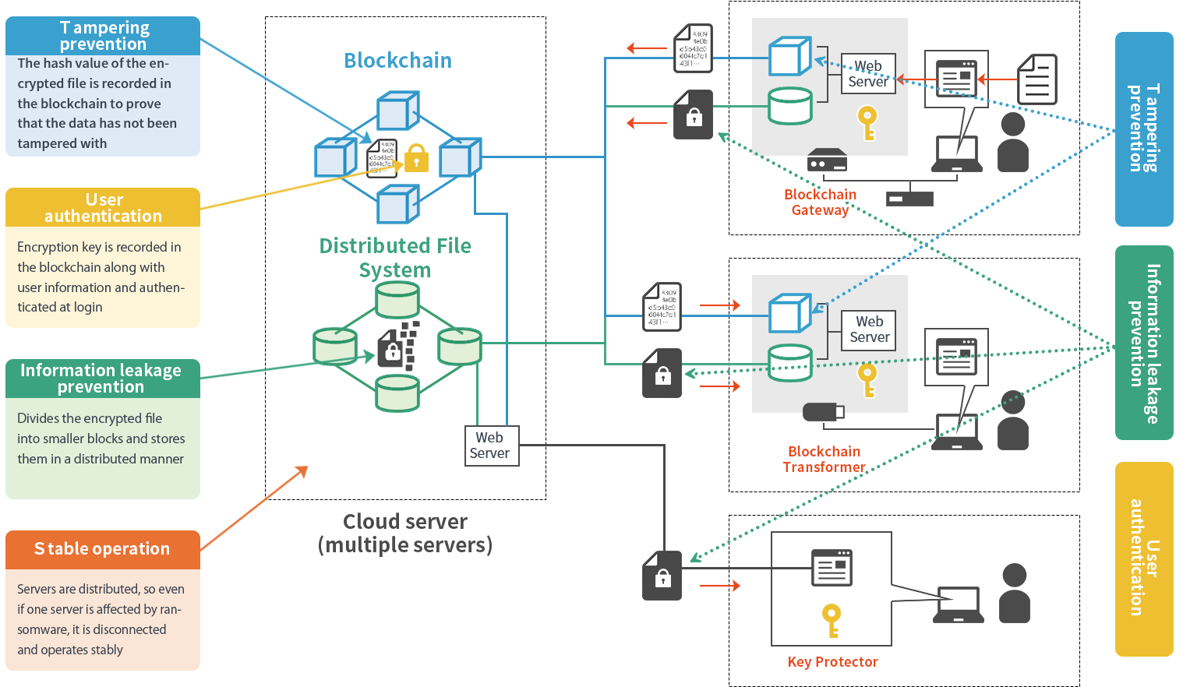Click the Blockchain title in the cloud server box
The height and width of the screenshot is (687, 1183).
[397, 61]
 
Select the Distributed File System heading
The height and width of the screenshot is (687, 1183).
[395, 258]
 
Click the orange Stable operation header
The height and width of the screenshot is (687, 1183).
[102, 549]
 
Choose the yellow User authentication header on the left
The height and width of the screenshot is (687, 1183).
[103, 208]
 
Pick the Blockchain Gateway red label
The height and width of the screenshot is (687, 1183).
[820, 203]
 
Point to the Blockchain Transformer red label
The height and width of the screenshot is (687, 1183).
[824, 460]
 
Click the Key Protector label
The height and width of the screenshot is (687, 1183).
[832, 662]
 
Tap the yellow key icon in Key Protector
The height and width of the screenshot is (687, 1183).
[832, 620]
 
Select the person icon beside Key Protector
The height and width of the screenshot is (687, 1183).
[1014, 594]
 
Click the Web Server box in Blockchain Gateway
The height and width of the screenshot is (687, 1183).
[868, 74]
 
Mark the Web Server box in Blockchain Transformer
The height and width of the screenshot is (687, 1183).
[869, 329]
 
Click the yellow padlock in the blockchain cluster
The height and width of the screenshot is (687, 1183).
[416, 158]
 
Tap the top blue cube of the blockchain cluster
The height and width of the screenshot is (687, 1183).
[397, 111]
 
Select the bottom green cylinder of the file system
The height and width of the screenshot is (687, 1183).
[397, 393]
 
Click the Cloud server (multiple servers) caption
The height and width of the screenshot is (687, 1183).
[405, 533]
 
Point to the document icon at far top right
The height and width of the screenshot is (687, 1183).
[1037, 79]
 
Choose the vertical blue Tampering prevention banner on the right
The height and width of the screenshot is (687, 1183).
[1143, 129]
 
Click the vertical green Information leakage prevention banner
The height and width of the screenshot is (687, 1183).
[1143, 343]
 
